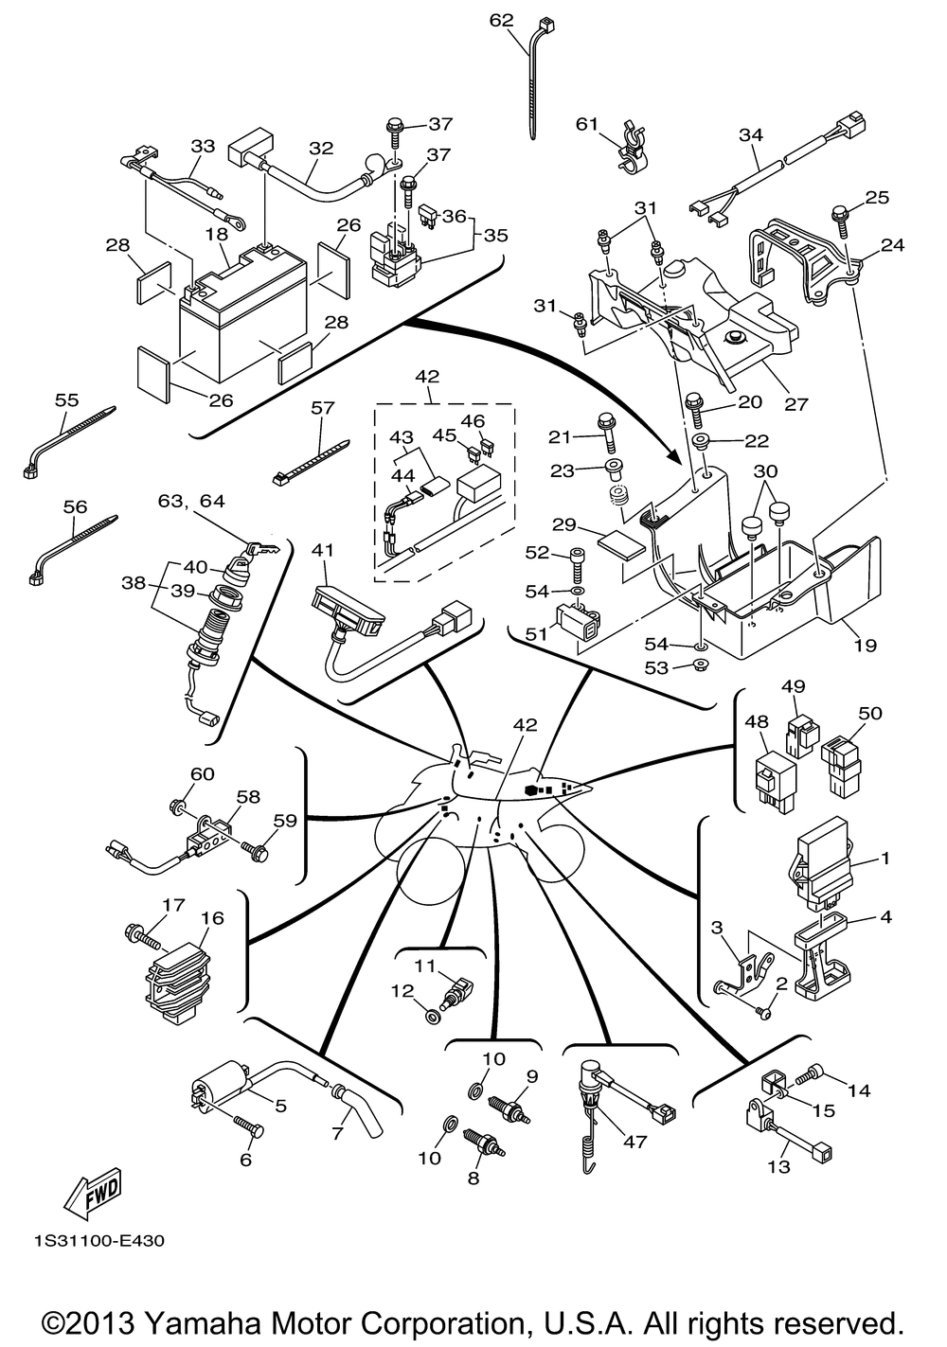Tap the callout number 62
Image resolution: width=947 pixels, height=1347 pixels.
(502, 19)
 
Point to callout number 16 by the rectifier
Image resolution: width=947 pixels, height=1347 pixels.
(212, 918)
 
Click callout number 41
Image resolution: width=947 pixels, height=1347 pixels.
(323, 550)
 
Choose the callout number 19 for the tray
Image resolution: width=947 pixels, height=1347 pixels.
(865, 646)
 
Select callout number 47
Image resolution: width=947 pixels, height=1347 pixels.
(635, 1141)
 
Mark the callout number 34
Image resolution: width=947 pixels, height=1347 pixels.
(751, 135)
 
